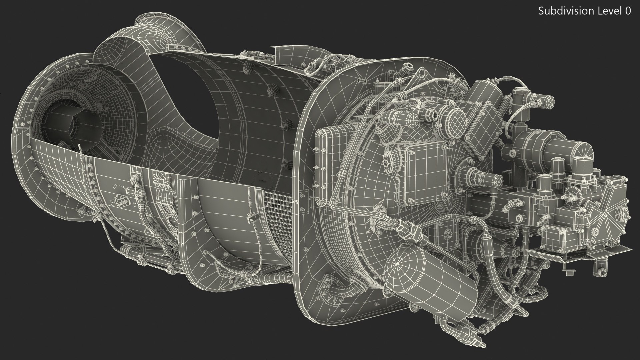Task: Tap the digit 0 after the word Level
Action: [628, 11]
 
